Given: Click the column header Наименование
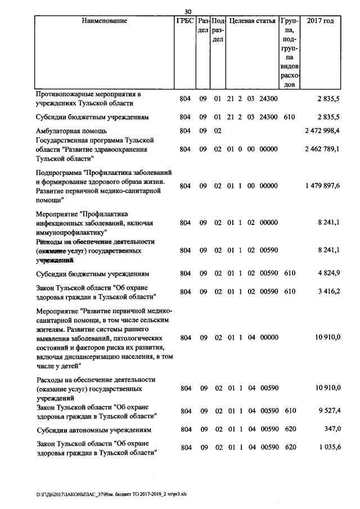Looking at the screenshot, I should [x=104, y=21].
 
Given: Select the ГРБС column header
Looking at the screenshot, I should [x=185, y=21].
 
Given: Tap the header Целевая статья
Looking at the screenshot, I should [x=251, y=21].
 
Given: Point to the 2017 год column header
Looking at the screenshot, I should [x=320, y=21].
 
